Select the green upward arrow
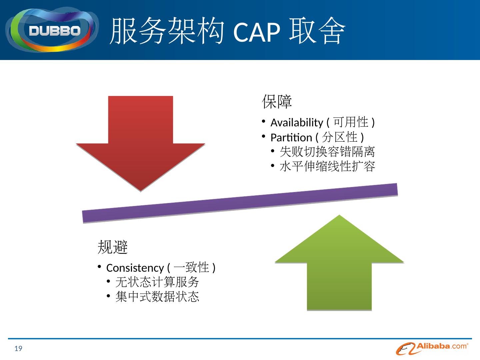(339, 263)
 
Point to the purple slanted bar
(240, 203)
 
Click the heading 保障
(277, 102)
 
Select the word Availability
(296, 123)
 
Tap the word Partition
(291, 137)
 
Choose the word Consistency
(135, 268)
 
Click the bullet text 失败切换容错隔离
(327, 152)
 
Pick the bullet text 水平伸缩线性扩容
(327, 166)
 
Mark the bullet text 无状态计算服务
(157, 282)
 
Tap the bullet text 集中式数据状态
(157, 297)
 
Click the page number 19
(18, 349)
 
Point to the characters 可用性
(351, 122)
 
